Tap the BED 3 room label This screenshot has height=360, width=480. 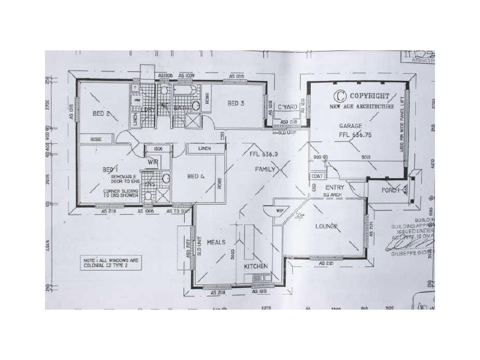click(x=235, y=104)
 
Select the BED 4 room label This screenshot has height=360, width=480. click(x=195, y=176)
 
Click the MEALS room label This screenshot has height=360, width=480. click(x=215, y=243)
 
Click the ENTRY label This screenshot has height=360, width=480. click(x=334, y=187)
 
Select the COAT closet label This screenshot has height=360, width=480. click(x=316, y=176)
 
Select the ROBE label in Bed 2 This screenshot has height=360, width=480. click(x=96, y=139)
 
